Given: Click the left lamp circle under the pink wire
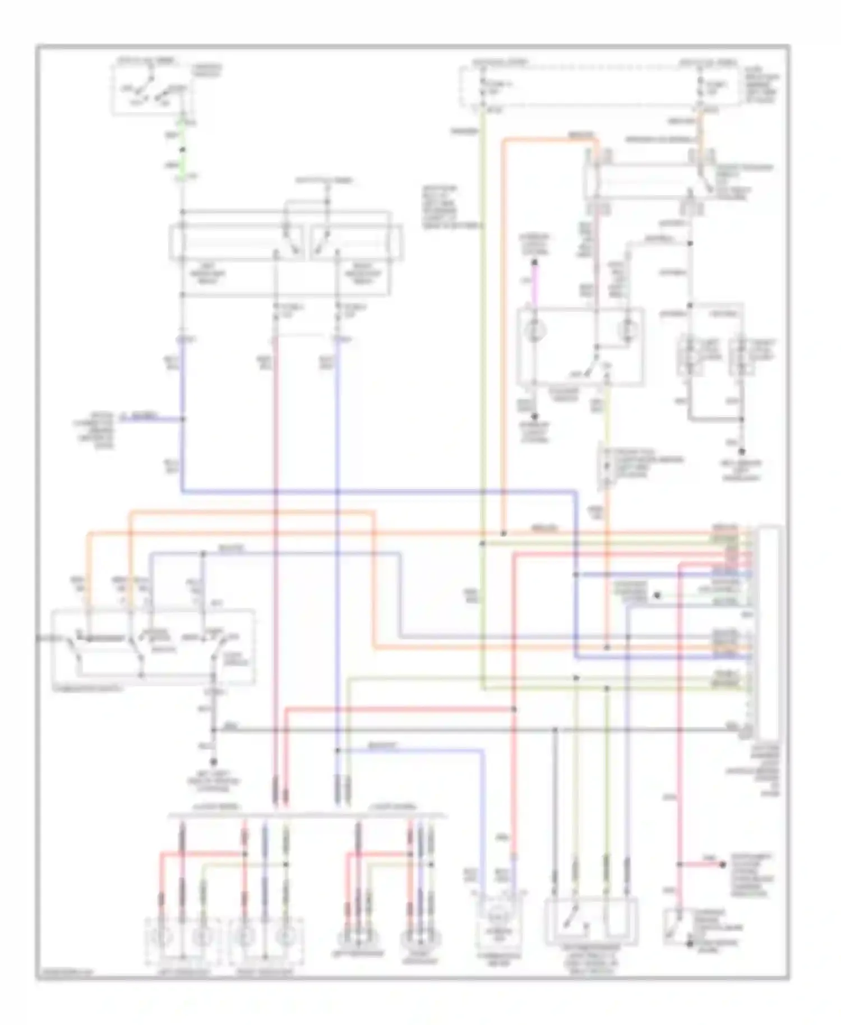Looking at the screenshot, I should [x=534, y=331].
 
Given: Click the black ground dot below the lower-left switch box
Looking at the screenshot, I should [x=214, y=763].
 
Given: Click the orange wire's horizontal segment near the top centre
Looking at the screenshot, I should [x=549, y=140].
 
